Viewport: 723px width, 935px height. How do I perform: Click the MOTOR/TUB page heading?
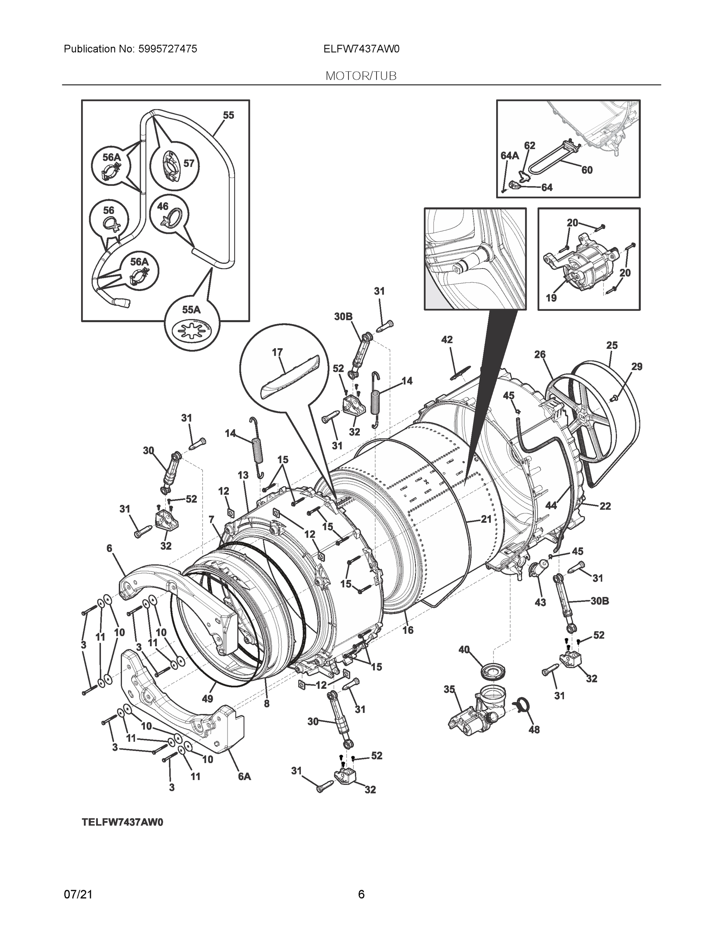pyautogui.click(x=361, y=76)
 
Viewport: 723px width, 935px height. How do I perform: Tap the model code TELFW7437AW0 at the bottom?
pyautogui.click(x=122, y=822)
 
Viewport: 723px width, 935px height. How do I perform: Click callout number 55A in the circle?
pyautogui.click(x=191, y=310)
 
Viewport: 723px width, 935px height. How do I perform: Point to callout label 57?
pyautogui.click(x=189, y=163)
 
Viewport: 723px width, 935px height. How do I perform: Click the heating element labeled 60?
pyautogui.click(x=553, y=159)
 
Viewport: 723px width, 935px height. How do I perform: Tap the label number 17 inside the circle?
pyautogui.click(x=277, y=352)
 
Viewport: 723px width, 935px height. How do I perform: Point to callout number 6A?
pyautogui.click(x=244, y=776)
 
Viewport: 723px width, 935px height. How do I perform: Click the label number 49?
pyautogui.click(x=207, y=699)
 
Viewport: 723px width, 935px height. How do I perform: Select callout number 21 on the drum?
pyautogui.click(x=486, y=519)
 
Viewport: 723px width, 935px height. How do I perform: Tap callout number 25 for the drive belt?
pyautogui.click(x=612, y=345)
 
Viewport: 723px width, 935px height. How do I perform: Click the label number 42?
pyautogui.click(x=447, y=339)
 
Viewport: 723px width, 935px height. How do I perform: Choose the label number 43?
pyautogui.click(x=540, y=602)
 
